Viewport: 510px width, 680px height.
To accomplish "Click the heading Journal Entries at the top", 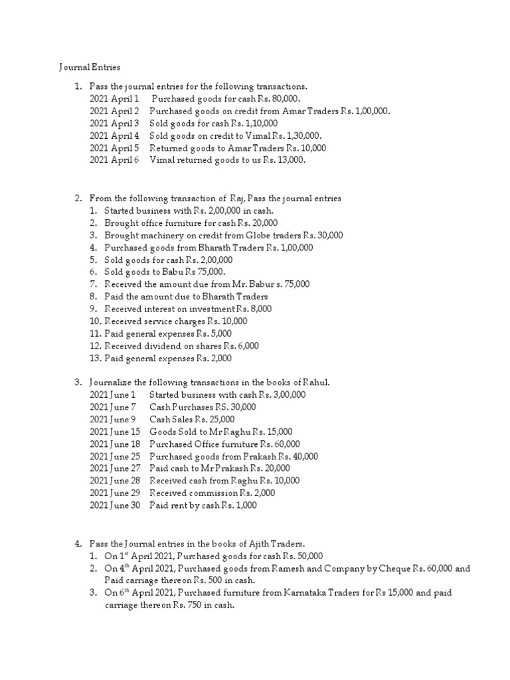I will (90, 67).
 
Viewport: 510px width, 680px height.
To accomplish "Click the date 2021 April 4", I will (114, 135).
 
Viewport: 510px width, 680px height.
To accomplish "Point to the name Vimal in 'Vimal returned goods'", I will (163, 160).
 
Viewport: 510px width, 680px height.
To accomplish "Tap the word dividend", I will (163, 345).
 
